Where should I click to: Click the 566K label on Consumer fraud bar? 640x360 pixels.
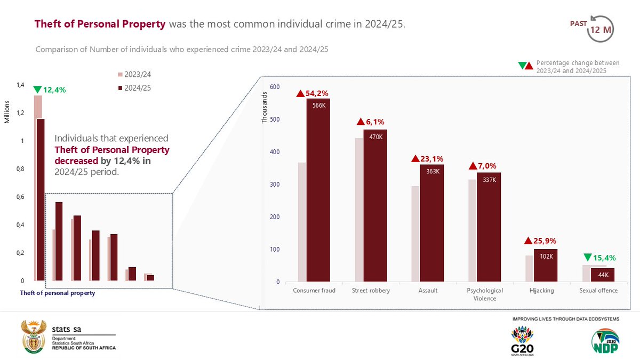click(x=318, y=106)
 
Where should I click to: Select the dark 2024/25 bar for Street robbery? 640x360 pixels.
click(x=375, y=208)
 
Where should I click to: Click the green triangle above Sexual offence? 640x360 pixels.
click(x=588, y=257)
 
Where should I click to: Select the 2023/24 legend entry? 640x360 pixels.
click(x=134, y=74)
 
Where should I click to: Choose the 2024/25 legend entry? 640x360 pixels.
click(x=134, y=88)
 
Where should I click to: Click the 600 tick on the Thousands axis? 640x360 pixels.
click(x=275, y=87)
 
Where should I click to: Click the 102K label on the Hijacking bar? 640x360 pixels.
click(x=545, y=256)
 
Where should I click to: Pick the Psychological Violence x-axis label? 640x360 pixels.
click(x=485, y=294)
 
